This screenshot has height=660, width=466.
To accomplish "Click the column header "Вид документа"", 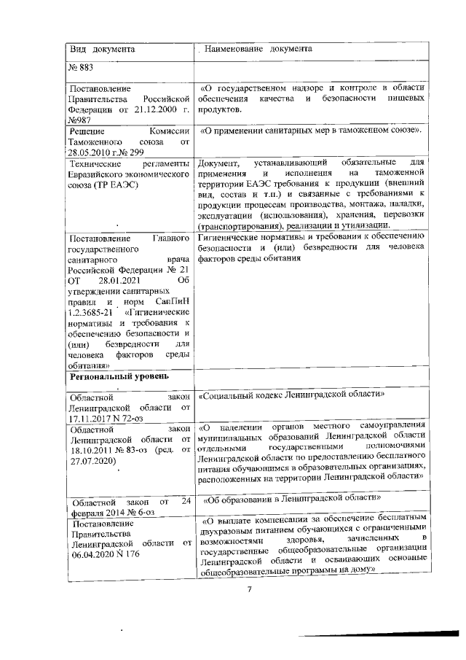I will (x=101, y=50).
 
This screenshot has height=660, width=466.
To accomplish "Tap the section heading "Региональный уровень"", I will (x=118, y=376).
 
